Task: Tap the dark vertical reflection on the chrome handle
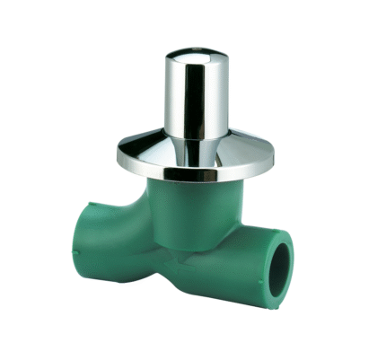pos(199,99)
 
